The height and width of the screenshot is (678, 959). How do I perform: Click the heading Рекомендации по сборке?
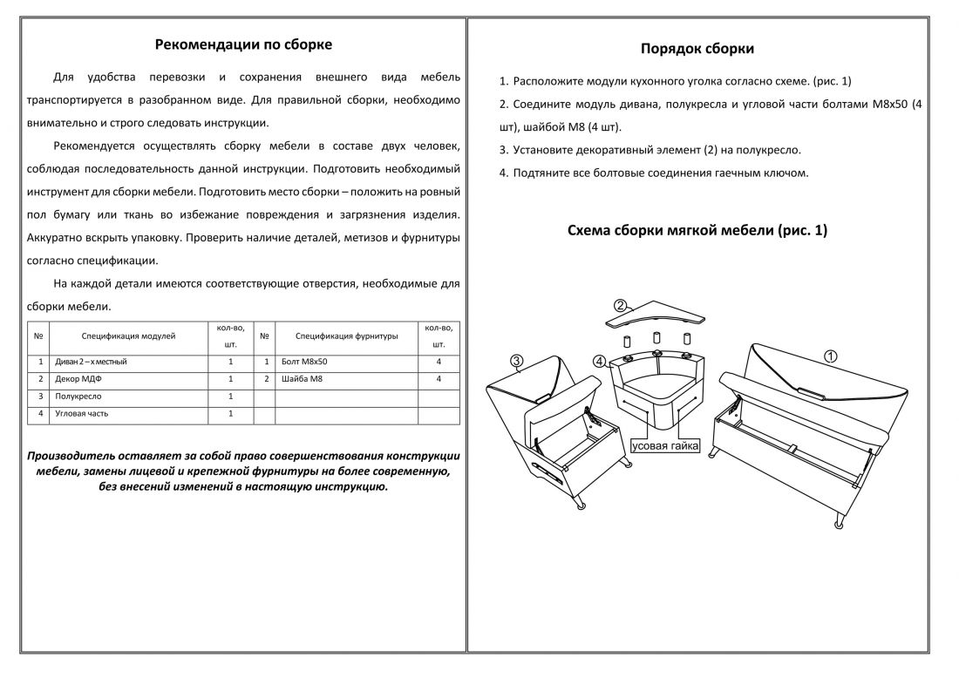[243, 44]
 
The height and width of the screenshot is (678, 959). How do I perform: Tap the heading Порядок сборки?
[697, 49]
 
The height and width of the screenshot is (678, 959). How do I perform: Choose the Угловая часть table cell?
[81, 414]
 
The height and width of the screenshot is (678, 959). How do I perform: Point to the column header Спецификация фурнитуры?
[346, 335]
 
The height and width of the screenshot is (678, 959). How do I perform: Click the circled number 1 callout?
[831, 356]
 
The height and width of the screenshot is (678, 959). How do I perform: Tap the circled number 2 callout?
[620, 305]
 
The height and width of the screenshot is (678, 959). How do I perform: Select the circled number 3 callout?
[517, 361]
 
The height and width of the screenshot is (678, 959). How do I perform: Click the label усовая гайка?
[666, 446]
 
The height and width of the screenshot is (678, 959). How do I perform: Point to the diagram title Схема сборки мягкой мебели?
[697, 231]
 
